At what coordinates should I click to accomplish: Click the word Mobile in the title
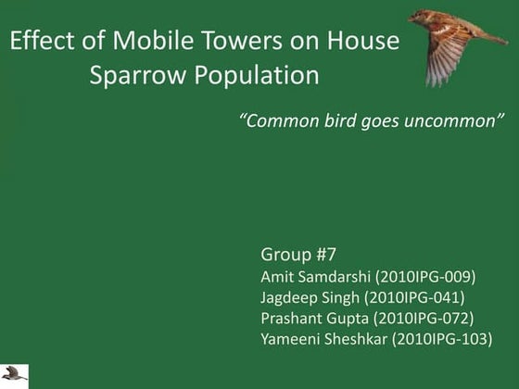(151, 41)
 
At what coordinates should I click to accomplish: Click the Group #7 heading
(298, 254)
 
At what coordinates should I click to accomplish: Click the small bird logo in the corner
(14, 374)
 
